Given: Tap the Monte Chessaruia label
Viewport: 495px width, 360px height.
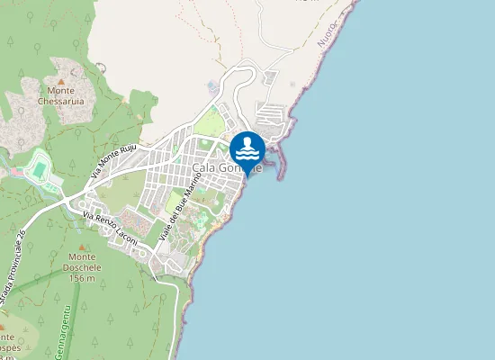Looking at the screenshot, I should (x=61, y=95).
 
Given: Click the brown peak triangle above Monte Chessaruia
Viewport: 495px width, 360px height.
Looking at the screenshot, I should (x=61, y=81).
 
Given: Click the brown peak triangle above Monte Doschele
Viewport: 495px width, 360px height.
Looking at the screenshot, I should (x=81, y=246).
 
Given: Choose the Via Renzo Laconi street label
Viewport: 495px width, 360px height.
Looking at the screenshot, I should (x=112, y=228).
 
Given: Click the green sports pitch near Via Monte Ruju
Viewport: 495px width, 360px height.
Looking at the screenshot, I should (x=38, y=166).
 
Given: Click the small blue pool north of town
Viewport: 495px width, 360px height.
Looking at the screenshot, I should (x=212, y=87).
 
